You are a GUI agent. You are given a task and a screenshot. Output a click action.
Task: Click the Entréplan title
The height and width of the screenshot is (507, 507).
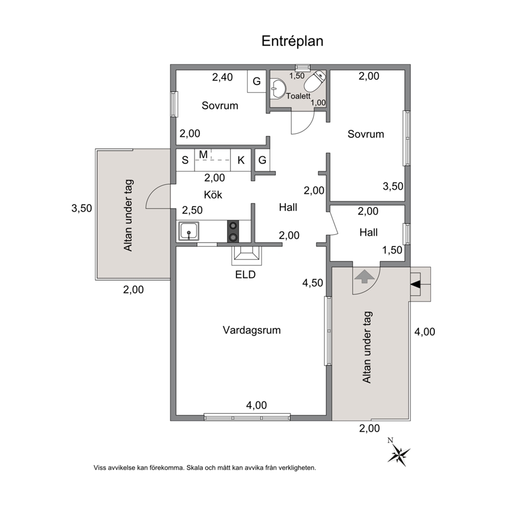pyautogui.click(x=292, y=41)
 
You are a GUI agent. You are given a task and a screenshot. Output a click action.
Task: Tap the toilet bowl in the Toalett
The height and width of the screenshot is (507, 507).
pyautogui.click(x=315, y=81)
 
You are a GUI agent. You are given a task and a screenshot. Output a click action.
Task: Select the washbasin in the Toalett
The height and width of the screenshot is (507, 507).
pyautogui.click(x=278, y=88)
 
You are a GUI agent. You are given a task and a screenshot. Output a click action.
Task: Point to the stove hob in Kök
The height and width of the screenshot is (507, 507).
pyautogui.click(x=233, y=231)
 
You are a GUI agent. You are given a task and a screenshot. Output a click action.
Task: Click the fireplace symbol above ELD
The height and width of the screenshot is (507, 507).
pyautogui.click(x=246, y=256)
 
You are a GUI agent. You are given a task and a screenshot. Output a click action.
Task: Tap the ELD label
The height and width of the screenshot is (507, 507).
pyautogui.click(x=245, y=274)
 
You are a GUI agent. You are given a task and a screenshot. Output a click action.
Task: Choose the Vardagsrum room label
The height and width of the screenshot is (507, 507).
pyautogui.click(x=251, y=330)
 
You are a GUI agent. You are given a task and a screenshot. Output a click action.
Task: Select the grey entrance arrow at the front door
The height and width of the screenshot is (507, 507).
pyautogui.click(x=364, y=276)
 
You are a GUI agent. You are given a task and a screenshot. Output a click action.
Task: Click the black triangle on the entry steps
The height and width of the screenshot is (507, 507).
pyautogui.click(x=416, y=284)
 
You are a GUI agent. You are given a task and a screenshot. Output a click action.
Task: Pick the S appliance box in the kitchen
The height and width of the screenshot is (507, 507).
pyautogui.click(x=185, y=160)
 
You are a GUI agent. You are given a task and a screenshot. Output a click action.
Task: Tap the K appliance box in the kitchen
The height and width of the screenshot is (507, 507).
pyautogui.click(x=241, y=160)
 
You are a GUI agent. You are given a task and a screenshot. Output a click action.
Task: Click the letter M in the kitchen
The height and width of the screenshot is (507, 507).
pyautogui.click(x=203, y=154)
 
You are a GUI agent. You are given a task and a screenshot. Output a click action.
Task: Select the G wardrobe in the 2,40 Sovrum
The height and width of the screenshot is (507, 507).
pyautogui.click(x=257, y=81)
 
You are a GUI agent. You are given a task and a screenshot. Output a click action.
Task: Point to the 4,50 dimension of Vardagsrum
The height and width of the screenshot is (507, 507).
pyautogui.click(x=313, y=283)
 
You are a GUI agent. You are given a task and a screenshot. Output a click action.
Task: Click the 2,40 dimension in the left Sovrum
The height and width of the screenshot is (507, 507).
pyautogui.click(x=222, y=77)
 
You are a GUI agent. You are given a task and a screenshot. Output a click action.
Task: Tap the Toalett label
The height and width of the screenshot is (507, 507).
pyautogui.click(x=298, y=96)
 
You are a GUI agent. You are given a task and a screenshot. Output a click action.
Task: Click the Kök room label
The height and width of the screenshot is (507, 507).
pyautogui.click(x=213, y=195)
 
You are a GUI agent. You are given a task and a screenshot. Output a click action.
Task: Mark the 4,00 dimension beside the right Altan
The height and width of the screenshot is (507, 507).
pyautogui.click(x=425, y=332)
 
